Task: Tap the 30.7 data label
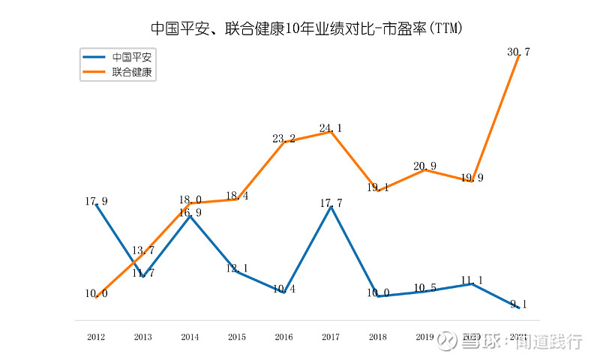click(518, 52)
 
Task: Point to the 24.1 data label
click(331, 128)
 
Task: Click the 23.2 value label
click(283, 138)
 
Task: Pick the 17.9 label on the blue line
click(96, 201)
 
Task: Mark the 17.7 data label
click(331, 202)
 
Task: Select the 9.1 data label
click(518, 304)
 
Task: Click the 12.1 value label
click(237, 268)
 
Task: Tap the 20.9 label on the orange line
click(424, 166)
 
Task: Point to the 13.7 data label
click(143, 250)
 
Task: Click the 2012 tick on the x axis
click(96, 337)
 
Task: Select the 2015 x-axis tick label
click(237, 337)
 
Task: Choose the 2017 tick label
click(331, 337)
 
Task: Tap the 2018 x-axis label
click(377, 337)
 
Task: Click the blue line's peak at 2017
click(331, 207)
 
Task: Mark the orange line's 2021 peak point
click(518, 56)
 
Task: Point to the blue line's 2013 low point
click(143, 277)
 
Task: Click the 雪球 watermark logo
click(448, 341)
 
